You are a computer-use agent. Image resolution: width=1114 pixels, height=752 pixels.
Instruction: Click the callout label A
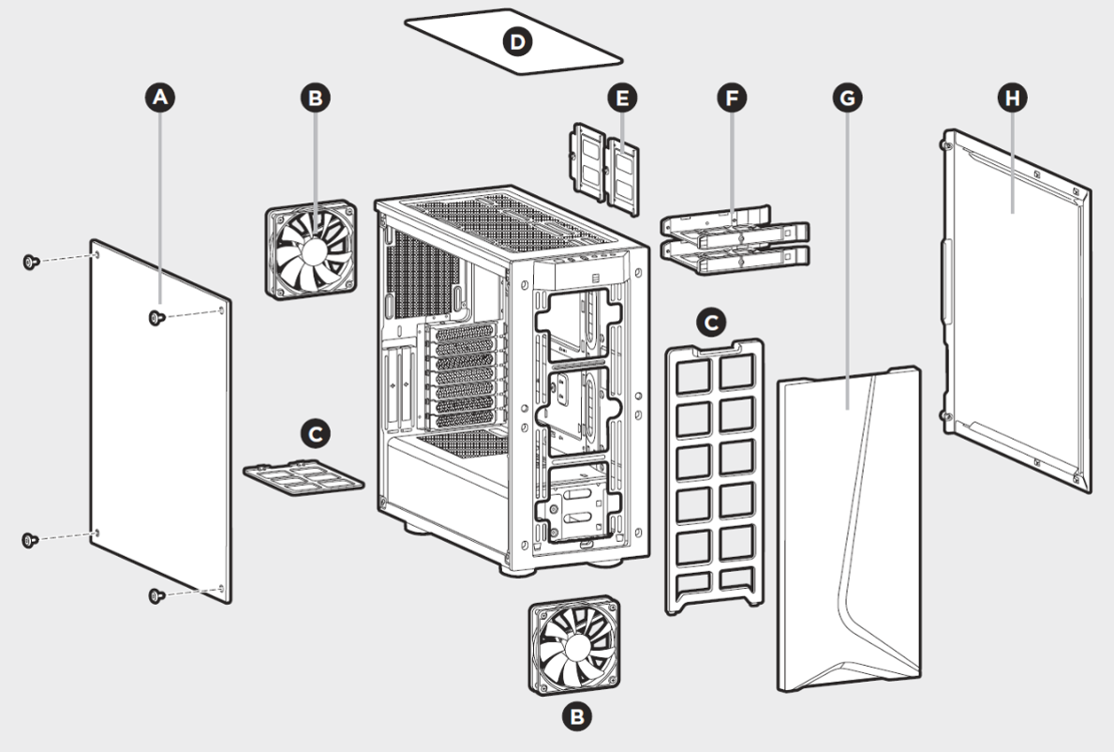pyautogui.click(x=160, y=96)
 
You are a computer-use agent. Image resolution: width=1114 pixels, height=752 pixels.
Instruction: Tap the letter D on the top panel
pyautogui.click(x=515, y=41)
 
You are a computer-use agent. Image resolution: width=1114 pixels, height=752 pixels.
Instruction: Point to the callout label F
pyautogui.click(x=731, y=96)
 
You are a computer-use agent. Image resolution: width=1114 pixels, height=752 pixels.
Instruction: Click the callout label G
pyautogui.click(x=848, y=96)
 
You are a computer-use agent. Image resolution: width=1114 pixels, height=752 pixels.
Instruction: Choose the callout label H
pyautogui.click(x=1011, y=96)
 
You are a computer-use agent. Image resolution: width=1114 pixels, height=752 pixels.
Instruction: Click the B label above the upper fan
pyautogui.click(x=316, y=96)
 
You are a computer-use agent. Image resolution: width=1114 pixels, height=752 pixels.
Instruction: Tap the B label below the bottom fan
pyautogui.click(x=576, y=717)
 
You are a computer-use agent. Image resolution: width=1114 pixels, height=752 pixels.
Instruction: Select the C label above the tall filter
pyautogui.click(x=712, y=322)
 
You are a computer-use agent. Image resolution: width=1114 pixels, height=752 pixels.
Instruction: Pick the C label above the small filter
pyautogui.click(x=316, y=433)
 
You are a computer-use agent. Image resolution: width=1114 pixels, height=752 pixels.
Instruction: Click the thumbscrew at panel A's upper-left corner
pyautogui.click(x=29, y=262)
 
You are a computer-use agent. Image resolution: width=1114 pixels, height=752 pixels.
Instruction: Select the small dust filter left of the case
pyautogui.click(x=304, y=477)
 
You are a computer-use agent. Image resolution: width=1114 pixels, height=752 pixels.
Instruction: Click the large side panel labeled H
pyautogui.click(x=1017, y=309)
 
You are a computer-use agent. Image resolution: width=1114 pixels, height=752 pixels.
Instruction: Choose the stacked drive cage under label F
pyautogui.click(x=735, y=241)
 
